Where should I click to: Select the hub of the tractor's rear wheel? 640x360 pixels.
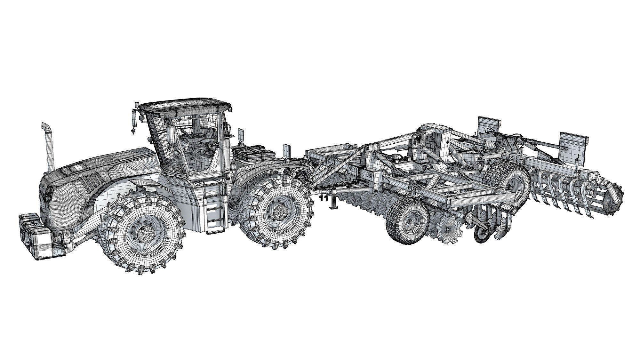click(x=277, y=212)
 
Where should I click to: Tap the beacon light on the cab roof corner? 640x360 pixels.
click(x=137, y=105)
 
